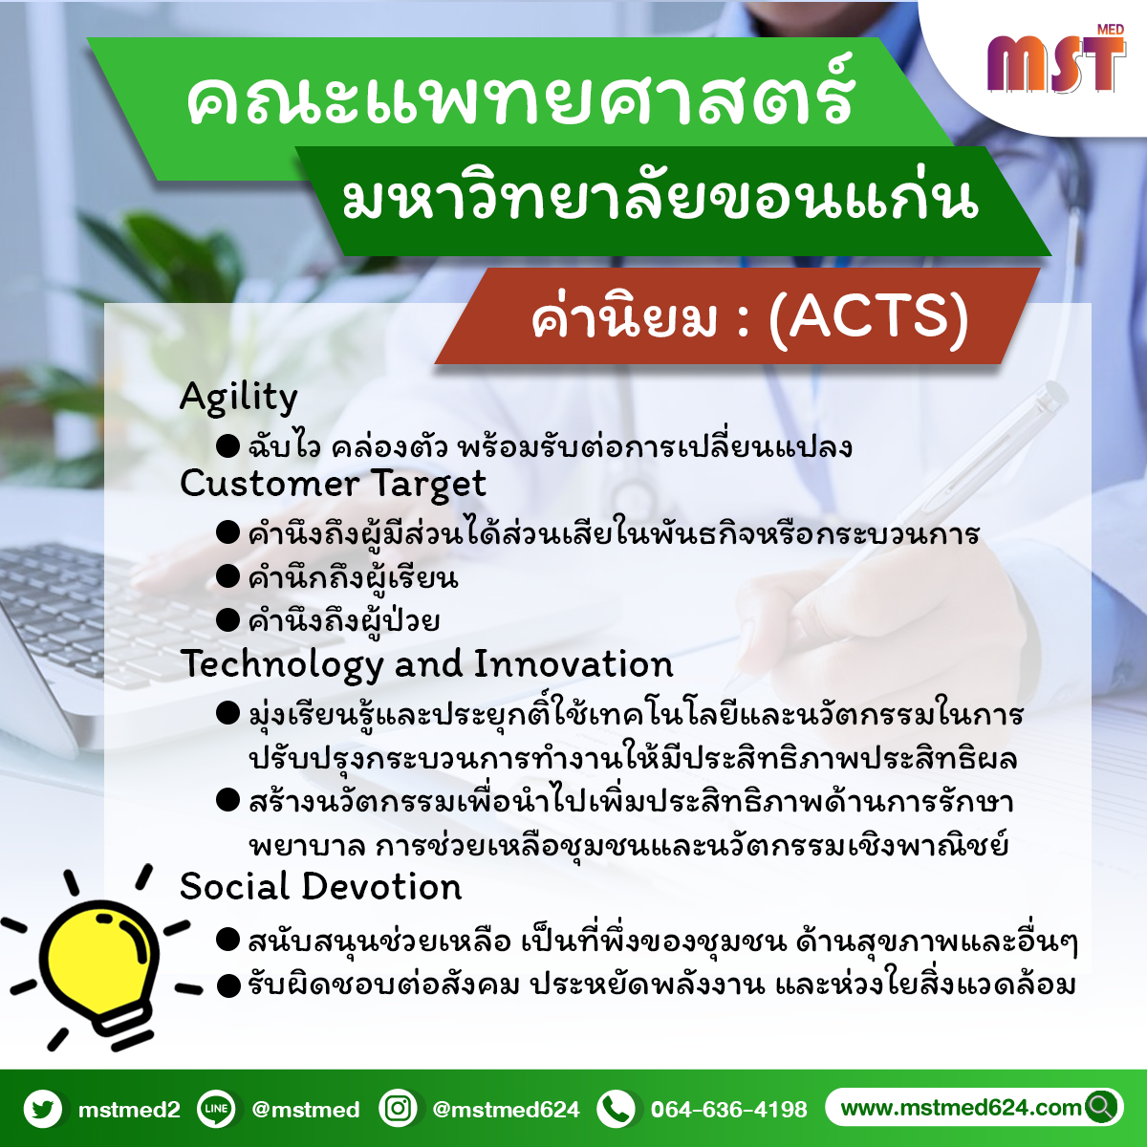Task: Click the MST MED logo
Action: pyautogui.click(x=1056, y=60)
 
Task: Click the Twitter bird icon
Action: pyautogui.click(x=43, y=1110)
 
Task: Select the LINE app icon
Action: pyautogui.click(x=216, y=1110)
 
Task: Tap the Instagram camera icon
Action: pyautogui.click(x=398, y=1110)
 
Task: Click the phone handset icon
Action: pyautogui.click(x=617, y=1110)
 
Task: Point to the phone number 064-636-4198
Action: pyautogui.click(x=729, y=1110)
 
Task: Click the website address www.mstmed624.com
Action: pyautogui.click(x=961, y=1108)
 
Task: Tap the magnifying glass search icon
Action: pyautogui.click(x=1102, y=1108)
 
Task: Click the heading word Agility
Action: pyautogui.click(x=239, y=398)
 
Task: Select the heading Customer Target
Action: pyautogui.click(x=333, y=484)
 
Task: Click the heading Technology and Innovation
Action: pyautogui.click(x=426, y=664)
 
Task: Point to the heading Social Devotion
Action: pyautogui.click(x=321, y=887)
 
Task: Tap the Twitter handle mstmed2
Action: pyautogui.click(x=129, y=1110)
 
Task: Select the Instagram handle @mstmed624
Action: pyautogui.click(x=506, y=1110)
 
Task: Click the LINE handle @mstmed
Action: pyautogui.click(x=306, y=1110)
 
